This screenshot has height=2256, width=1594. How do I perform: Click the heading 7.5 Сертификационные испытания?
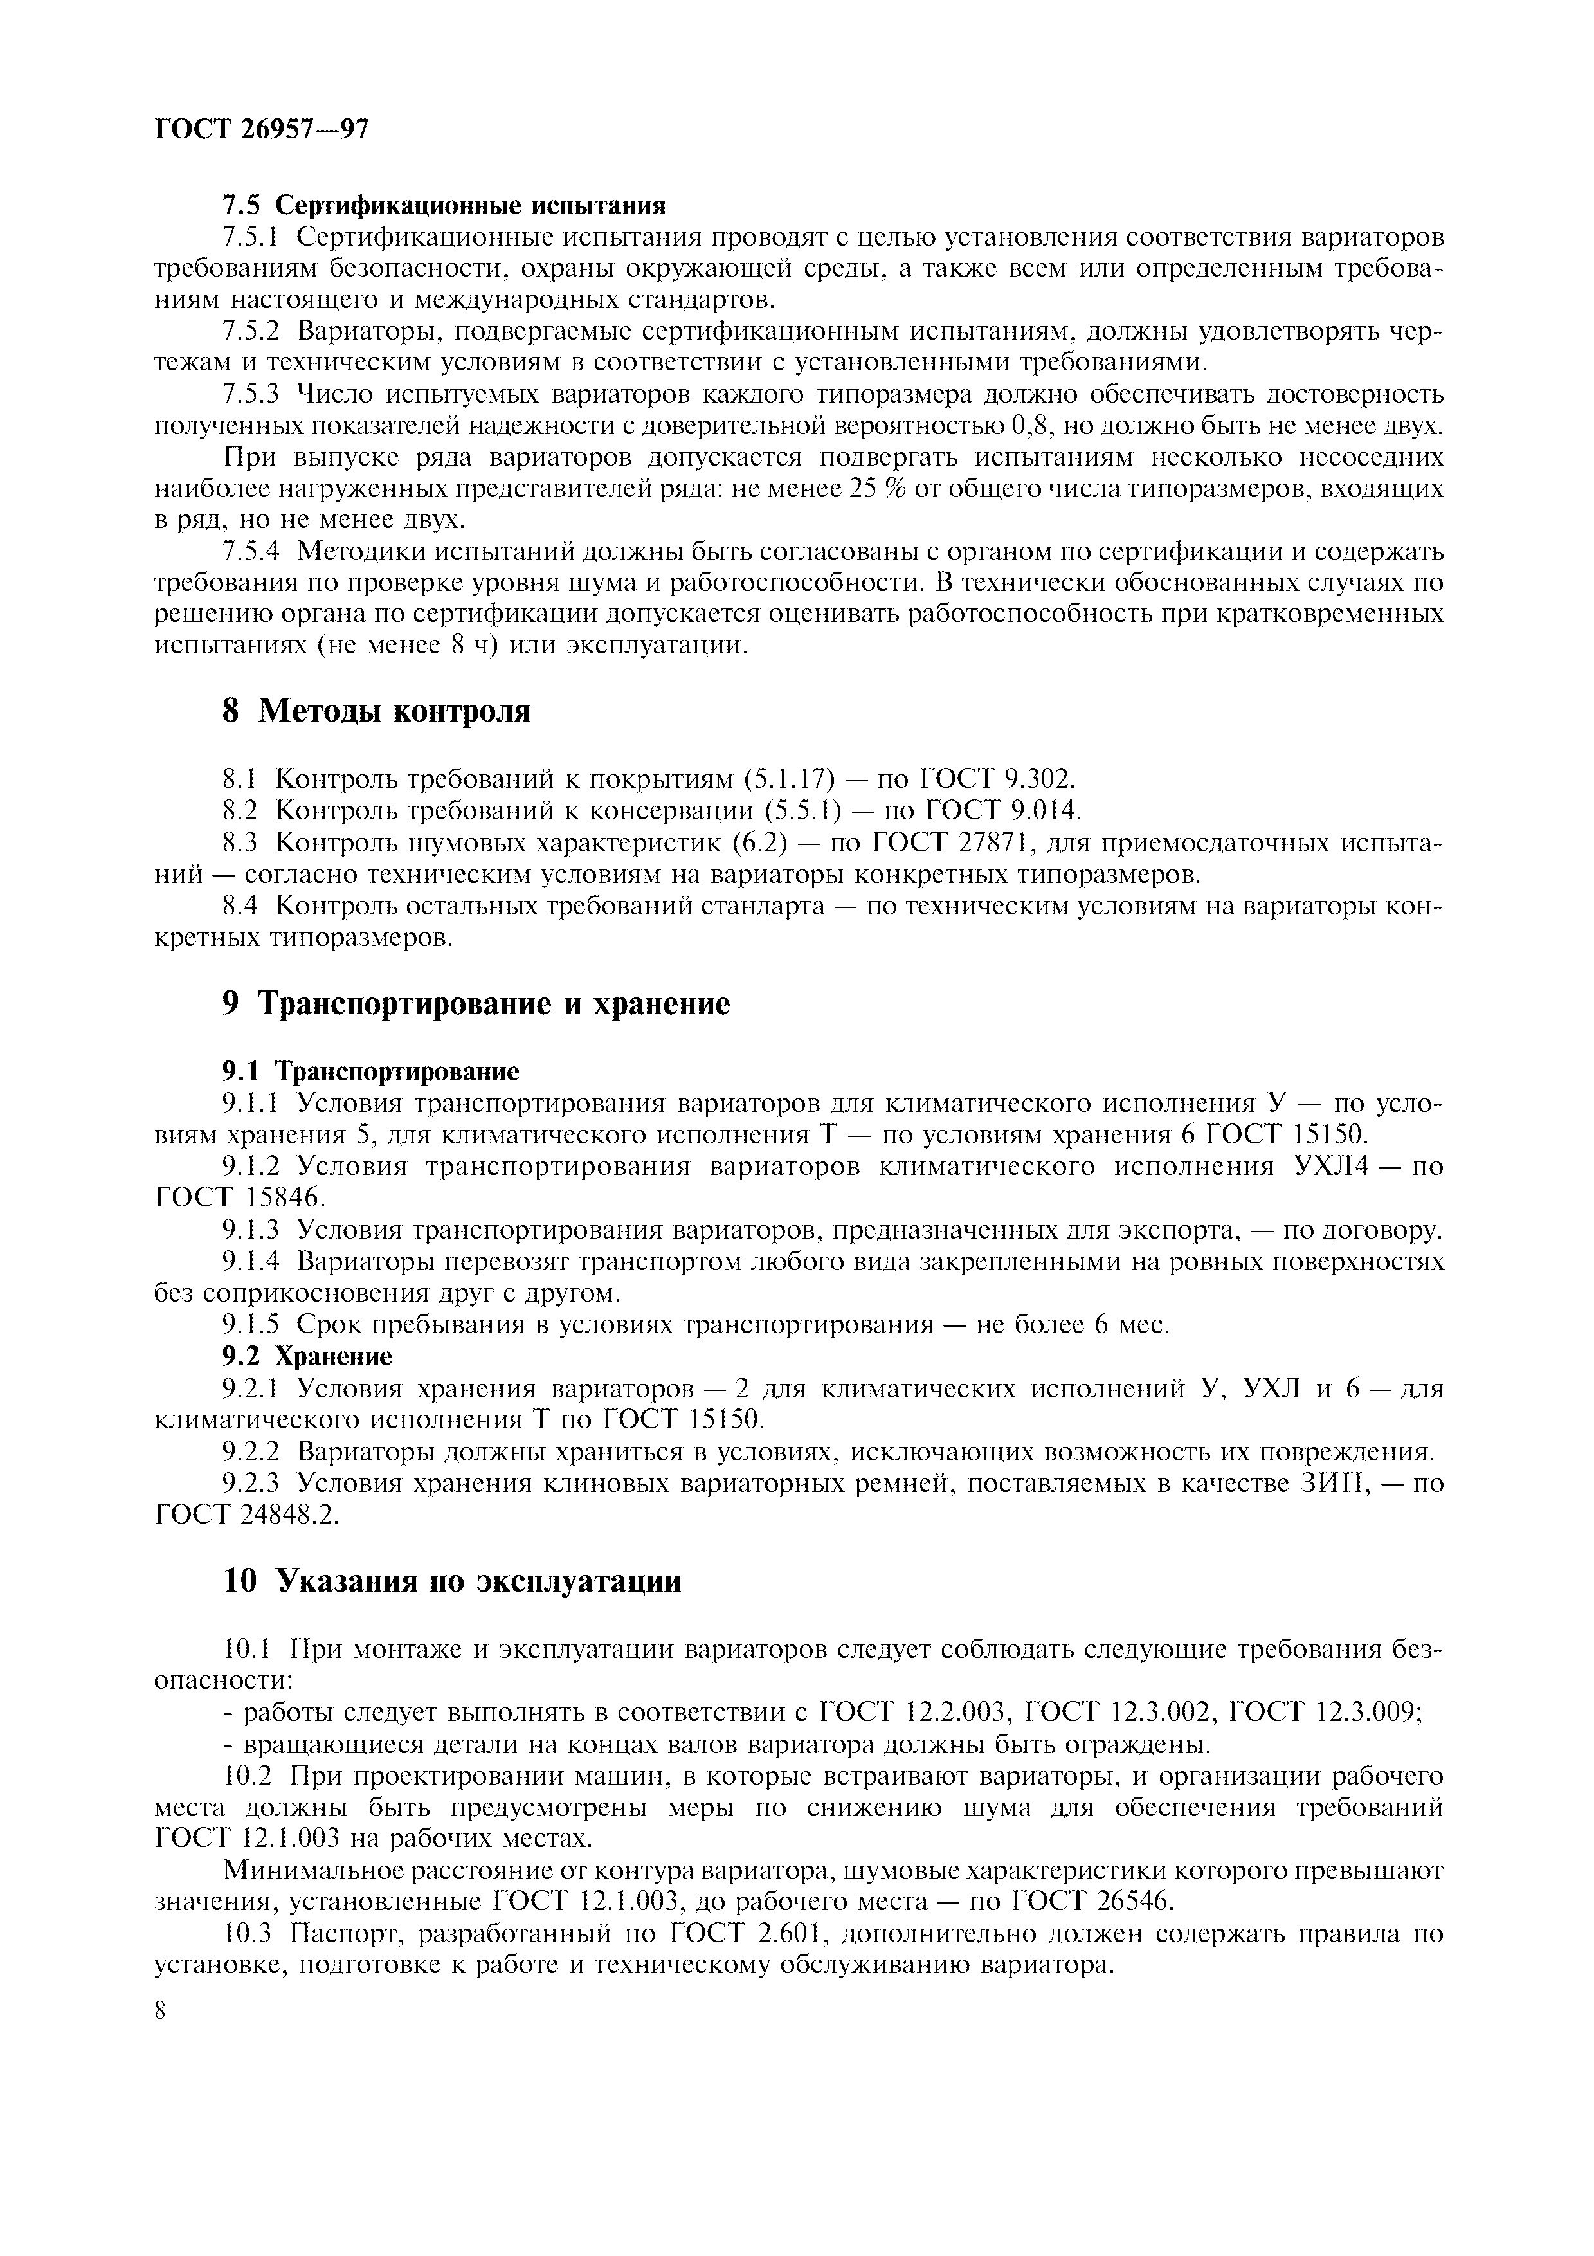tap(444, 205)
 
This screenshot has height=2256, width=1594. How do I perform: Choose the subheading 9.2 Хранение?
tap(307, 1357)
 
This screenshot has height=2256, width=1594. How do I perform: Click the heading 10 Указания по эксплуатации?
tap(452, 1581)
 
